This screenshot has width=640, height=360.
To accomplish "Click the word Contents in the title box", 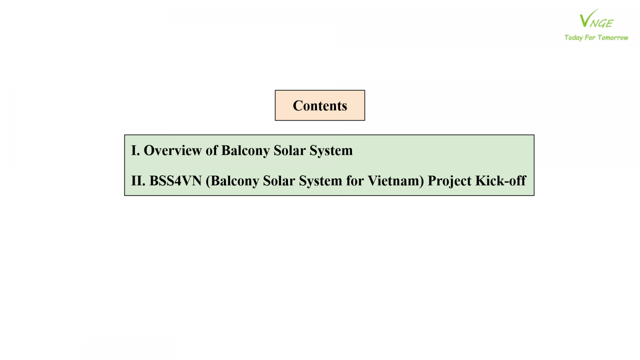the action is [320, 106].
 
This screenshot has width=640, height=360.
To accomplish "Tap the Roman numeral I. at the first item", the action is [136, 150].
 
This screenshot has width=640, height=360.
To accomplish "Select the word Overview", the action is [172, 150].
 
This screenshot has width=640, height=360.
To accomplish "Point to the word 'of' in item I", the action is [212, 150].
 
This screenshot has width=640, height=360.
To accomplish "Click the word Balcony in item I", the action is [246, 151].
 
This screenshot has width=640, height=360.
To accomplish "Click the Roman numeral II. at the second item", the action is [138, 180].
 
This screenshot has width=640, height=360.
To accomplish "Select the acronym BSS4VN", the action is [176, 180].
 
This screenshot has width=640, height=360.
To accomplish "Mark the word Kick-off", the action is [500, 180].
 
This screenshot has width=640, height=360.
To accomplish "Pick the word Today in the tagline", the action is [574, 38].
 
